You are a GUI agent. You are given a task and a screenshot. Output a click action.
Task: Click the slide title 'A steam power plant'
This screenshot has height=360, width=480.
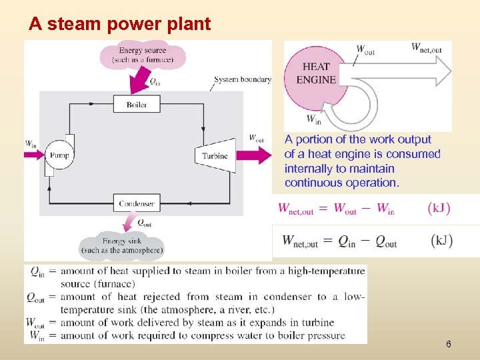point(119,25)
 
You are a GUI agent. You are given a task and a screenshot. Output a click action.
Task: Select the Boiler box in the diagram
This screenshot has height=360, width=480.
point(137,105)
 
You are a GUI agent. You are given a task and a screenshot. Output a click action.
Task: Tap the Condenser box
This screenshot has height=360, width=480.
point(137,203)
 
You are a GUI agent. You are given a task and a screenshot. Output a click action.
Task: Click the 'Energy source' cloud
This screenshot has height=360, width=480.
point(143,55)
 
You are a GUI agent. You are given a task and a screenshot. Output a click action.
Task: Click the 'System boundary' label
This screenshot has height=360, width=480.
point(243,79)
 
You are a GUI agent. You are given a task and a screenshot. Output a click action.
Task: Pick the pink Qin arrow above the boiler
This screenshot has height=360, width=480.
point(141,81)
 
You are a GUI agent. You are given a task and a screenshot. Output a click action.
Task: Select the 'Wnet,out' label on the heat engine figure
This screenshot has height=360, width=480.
point(426,47)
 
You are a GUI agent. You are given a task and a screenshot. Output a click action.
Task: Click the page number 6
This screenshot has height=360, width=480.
point(448,344)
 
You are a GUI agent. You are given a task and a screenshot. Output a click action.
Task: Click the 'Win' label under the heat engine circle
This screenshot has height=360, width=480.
point(313,119)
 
